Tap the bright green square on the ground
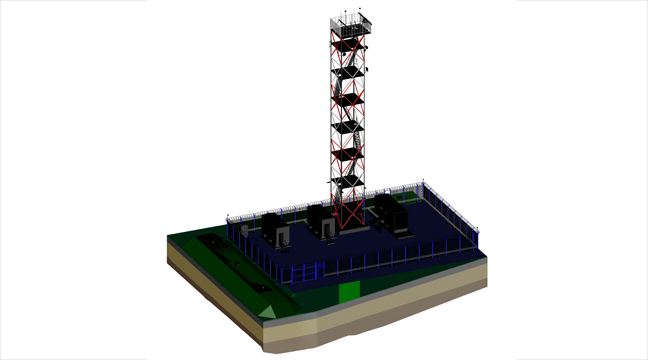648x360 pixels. (350, 291)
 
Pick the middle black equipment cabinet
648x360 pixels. (322, 222)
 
